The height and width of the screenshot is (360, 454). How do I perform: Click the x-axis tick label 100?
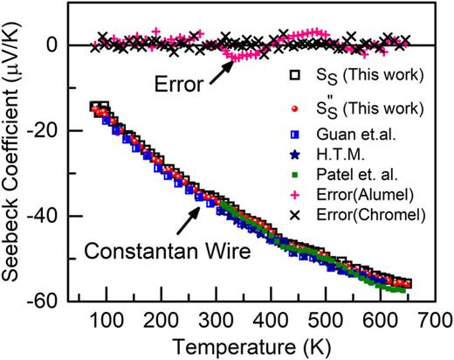pyautogui.click(x=107, y=321)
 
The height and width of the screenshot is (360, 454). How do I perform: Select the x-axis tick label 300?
pyautogui.click(x=217, y=321)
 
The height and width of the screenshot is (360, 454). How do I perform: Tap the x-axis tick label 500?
pyautogui.click(x=326, y=321)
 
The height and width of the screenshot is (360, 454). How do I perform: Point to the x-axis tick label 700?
pyautogui.click(x=435, y=321)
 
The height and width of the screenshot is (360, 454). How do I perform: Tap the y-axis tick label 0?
pyautogui.click(x=52, y=45)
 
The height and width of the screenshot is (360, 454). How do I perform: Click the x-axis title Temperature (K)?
pyautogui.click(x=252, y=347)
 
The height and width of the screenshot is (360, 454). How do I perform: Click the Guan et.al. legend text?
pyautogui.click(x=356, y=135)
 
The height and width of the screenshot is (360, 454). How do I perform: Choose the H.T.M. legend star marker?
pyautogui.click(x=295, y=155)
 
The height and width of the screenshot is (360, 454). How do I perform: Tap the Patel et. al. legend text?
pyautogui.click(x=357, y=175)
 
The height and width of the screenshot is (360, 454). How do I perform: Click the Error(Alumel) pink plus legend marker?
pyautogui.click(x=295, y=195)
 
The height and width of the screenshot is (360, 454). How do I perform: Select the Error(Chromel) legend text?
pyautogui.click(x=371, y=215)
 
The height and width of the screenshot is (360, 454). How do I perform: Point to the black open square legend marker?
pyautogui.click(x=295, y=75)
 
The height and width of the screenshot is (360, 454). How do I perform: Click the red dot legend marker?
pyautogui.click(x=295, y=108)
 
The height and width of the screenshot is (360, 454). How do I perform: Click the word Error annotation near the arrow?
pyautogui.click(x=179, y=85)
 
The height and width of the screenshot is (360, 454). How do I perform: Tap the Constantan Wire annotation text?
pyautogui.click(x=168, y=251)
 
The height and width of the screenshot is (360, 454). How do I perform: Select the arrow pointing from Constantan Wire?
pyautogui.click(x=188, y=220)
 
